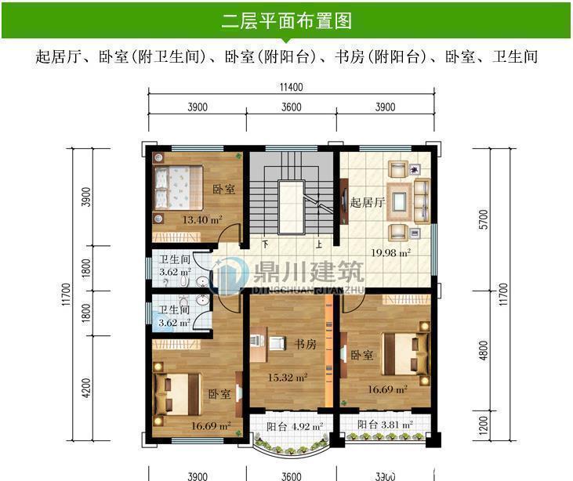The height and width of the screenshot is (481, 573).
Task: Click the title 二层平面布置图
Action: tap(286, 20)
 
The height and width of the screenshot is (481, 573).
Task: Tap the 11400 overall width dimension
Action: tap(291, 87)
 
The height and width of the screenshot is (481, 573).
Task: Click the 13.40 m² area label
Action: tap(202, 220)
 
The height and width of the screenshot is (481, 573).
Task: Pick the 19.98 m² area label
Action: tap(392, 253)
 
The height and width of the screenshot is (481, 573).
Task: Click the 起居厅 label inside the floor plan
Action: tap(366, 203)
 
